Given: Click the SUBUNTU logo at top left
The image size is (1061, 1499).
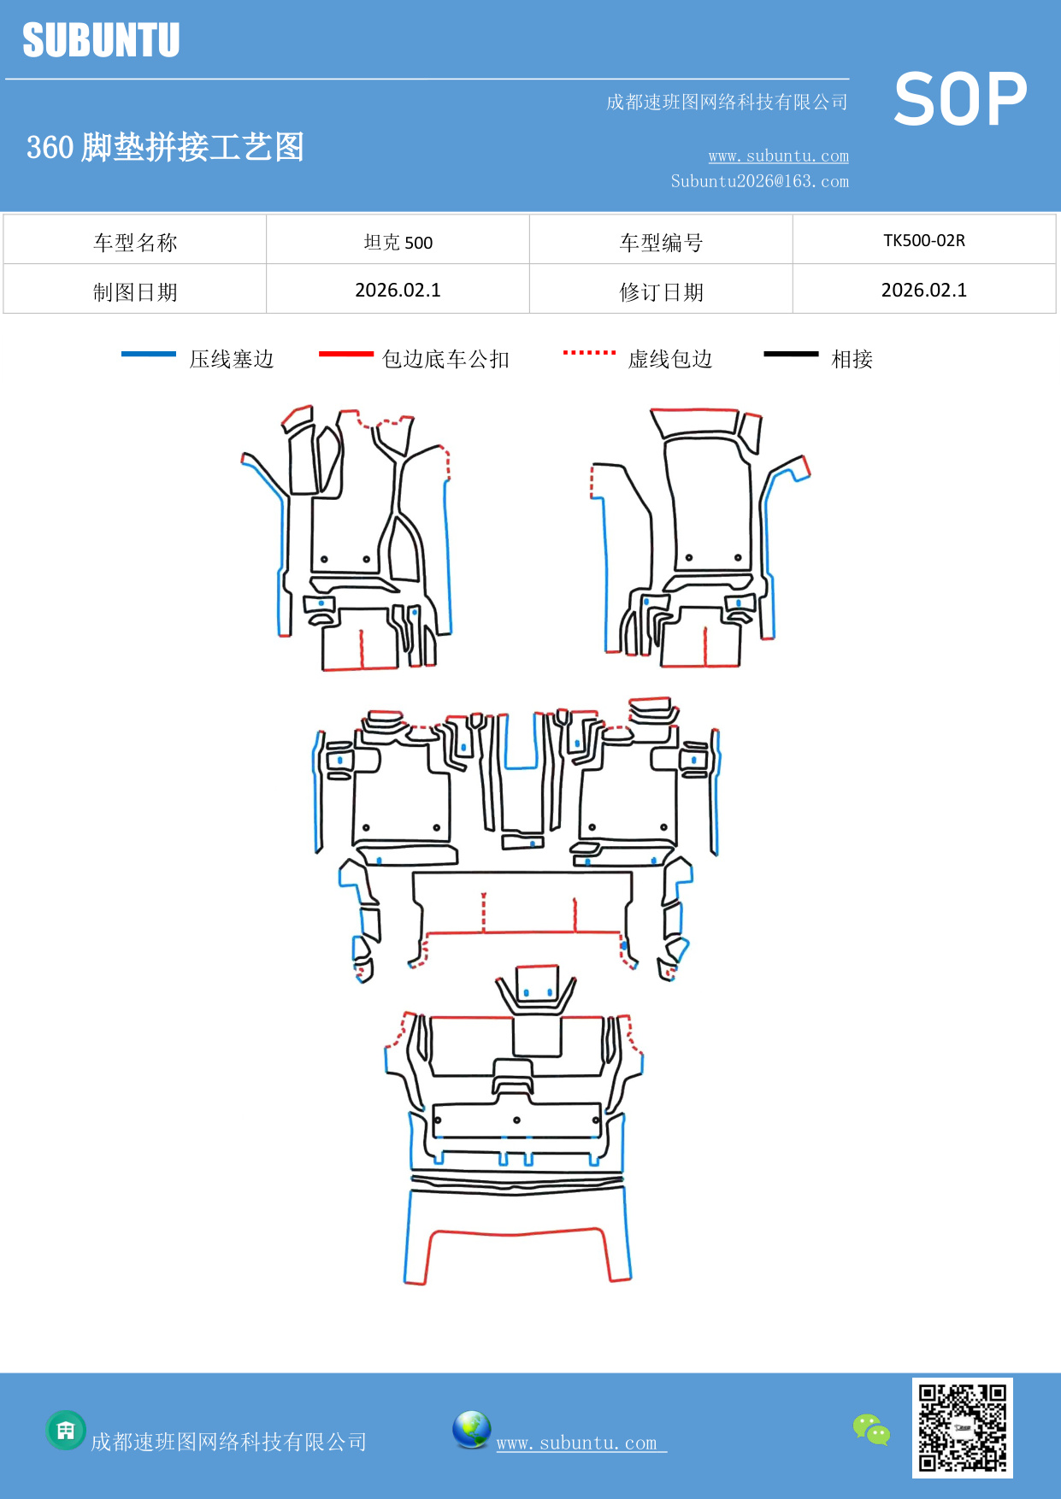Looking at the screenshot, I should coord(101,40).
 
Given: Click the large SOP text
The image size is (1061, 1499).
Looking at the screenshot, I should coord(960,100).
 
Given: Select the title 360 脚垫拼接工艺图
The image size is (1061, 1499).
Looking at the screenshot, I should coord(165,147).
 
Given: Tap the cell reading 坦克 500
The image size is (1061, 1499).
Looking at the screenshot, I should coord(398,242).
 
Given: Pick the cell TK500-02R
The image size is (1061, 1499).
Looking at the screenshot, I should coord(924,240).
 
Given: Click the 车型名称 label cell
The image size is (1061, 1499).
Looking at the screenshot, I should coord(135,242).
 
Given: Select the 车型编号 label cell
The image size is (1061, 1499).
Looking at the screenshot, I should coord(661,242).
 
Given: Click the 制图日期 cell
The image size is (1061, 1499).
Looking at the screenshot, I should coord(135,291).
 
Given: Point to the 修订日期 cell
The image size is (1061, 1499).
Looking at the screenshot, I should coord(661,291).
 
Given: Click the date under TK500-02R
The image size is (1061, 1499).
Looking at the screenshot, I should coord(924,290).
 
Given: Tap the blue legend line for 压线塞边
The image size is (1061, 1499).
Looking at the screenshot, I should coord(149,354).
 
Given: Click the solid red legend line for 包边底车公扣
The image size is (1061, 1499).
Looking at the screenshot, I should coord(345,354).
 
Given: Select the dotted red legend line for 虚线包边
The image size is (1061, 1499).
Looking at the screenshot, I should coord(589,352).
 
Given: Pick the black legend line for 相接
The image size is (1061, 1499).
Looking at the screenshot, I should coord(791,354).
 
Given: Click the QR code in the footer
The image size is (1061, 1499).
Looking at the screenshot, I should coord(962,1427).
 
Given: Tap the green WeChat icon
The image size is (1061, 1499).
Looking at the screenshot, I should coord(871,1429).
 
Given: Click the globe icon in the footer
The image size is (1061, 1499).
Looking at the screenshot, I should coord(471,1430).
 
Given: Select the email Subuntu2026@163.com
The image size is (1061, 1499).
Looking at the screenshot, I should coord(759,181).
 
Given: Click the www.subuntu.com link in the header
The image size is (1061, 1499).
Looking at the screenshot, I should coord(778,156).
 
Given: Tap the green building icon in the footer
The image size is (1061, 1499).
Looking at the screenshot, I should coord(66,1430).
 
